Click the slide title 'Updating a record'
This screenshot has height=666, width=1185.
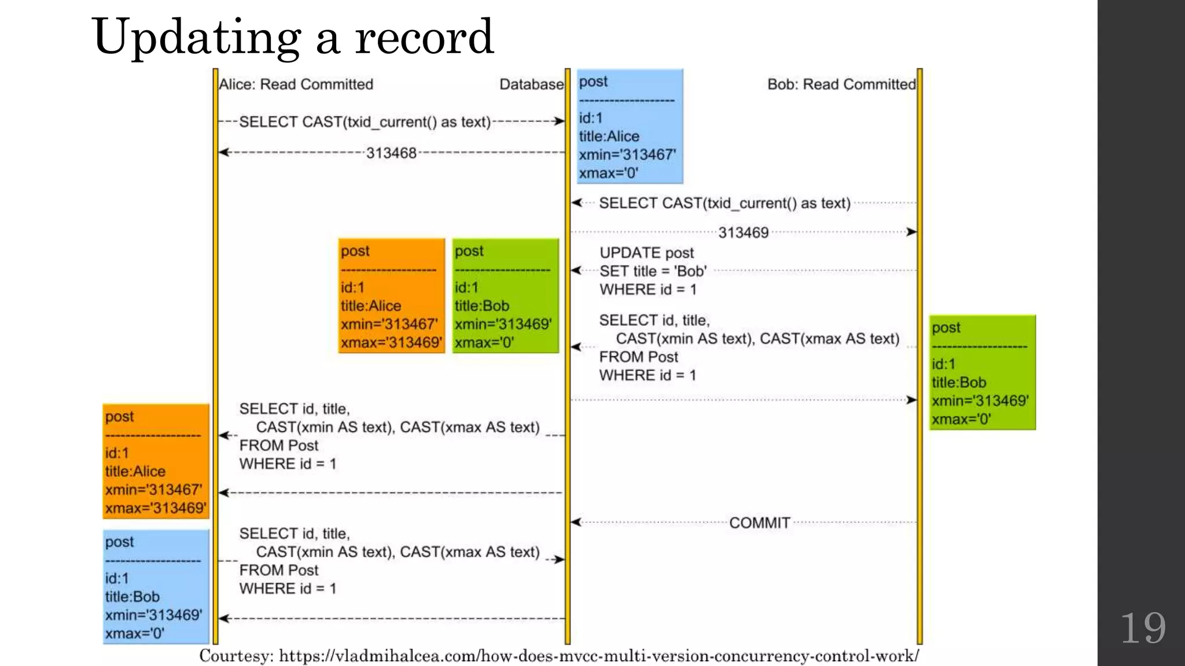coord(292,37)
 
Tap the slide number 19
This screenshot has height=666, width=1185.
coord(1143,628)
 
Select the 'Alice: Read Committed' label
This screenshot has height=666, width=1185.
coord(296,84)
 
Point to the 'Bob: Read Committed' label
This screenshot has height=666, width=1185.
coord(841,84)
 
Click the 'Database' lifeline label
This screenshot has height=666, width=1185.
coord(531,84)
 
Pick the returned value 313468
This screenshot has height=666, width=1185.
coord(391,153)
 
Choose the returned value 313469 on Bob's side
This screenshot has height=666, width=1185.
coord(744,232)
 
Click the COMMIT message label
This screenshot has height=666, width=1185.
coord(759,523)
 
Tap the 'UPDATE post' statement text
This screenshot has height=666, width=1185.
coord(647,253)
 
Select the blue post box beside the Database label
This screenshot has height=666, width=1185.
coord(630,126)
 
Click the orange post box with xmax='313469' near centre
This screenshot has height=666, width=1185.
coord(391,295)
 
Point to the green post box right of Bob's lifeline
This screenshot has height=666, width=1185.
coord(982,372)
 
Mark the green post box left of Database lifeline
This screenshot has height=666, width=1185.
coord(505,295)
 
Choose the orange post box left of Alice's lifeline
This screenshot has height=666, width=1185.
coord(156,461)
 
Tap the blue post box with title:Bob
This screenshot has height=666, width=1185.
coord(156,586)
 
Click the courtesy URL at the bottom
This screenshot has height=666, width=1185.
coord(559,656)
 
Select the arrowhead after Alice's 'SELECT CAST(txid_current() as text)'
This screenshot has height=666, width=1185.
coord(558,121)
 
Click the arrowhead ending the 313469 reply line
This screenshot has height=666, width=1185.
coord(911,232)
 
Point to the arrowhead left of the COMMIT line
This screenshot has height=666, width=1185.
coord(576,522)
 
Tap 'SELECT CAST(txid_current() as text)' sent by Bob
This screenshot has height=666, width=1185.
coord(724,203)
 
